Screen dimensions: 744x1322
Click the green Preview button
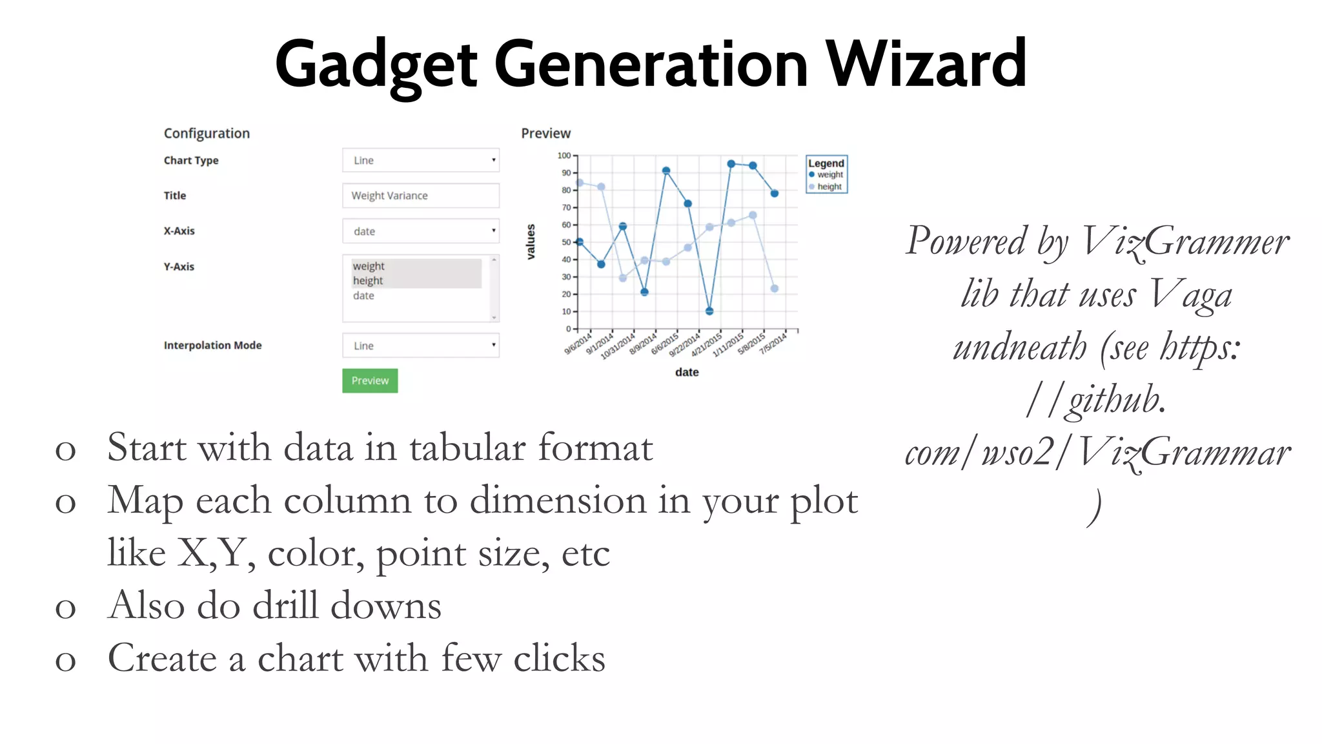[x=370, y=380]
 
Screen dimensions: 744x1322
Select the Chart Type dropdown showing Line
[x=420, y=160]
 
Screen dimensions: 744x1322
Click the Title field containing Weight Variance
[x=420, y=196]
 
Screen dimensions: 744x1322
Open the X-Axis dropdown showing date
[x=420, y=231]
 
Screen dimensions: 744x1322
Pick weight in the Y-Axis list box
[x=369, y=266]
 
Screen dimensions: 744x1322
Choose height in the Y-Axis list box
[x=368, y=281]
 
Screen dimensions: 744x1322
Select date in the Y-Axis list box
[x=363, y=296]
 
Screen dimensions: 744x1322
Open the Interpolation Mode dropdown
[x=420, y=346]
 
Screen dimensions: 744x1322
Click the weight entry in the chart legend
[x=829, y=174]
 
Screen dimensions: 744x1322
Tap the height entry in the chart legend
[x=829, y=187]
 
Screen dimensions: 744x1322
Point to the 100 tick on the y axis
[x=564, y=156]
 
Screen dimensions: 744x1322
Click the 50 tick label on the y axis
[x=566, y=242]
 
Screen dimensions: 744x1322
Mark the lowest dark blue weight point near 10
[x=709, y=311]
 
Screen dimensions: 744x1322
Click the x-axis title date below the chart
[x=687, y=372]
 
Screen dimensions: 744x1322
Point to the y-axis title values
[x=531, y=242]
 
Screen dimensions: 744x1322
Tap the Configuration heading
[x=207, y=133]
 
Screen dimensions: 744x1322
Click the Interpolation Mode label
[x=212, y=346]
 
